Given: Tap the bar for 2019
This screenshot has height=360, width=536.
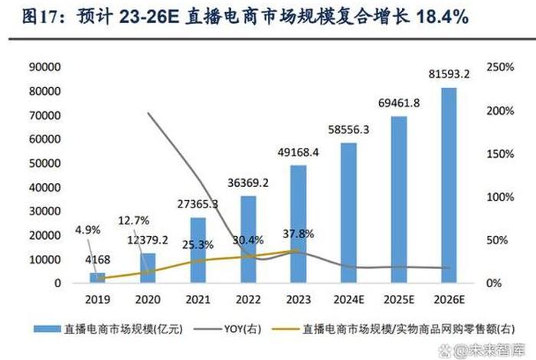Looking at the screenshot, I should (97, 277).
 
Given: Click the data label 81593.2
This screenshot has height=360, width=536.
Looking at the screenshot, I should (449, 74).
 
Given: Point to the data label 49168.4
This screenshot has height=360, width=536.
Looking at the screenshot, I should (298, 152).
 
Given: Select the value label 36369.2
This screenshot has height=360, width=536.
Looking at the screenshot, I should (247, 183).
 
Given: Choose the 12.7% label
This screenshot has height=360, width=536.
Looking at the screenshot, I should (133, 221).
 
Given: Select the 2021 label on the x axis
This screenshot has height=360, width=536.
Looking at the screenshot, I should (198, 301).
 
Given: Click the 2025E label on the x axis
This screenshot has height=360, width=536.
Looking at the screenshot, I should (399, 301).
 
